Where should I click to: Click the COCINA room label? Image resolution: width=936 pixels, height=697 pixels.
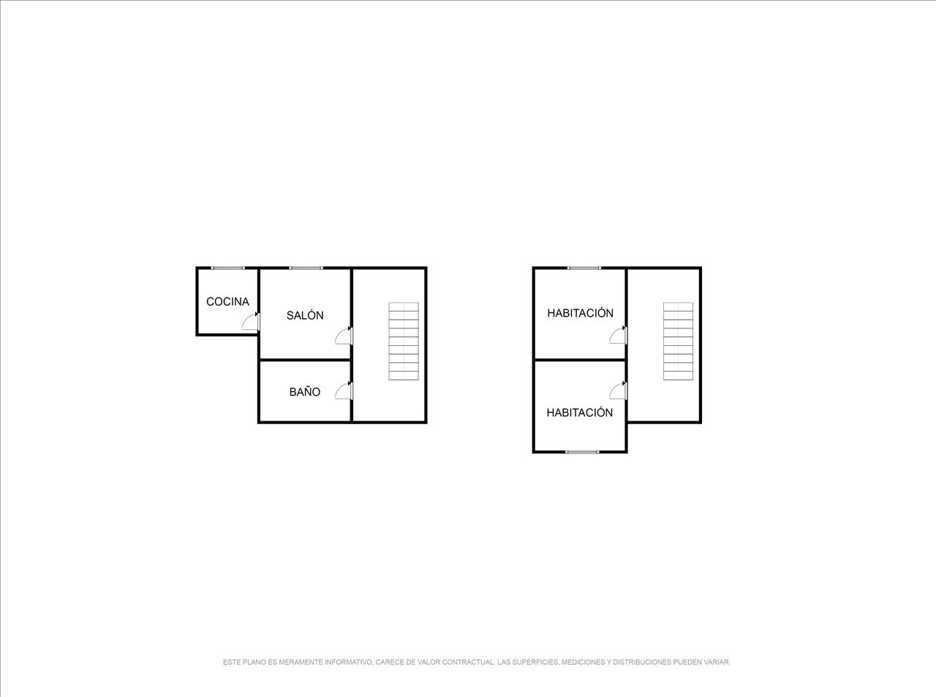pos(227,301)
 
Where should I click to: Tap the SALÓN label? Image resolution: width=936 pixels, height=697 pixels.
pos(305,315)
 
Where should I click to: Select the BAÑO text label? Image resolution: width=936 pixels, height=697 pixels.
pos(305,392)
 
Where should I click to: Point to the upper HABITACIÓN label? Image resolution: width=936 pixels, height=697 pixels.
pos(580,313)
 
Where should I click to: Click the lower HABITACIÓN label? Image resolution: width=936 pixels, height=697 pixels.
pos(580,412)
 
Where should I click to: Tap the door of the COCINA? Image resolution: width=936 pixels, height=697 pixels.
pos(251,321)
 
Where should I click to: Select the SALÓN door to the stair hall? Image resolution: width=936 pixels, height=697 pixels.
pos(344,336)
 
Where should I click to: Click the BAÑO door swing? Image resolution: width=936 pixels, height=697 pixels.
pos(344,391)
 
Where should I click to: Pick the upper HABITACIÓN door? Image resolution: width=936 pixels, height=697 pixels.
pos(619,335)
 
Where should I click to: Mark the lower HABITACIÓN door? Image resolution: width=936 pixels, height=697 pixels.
pos(619,391)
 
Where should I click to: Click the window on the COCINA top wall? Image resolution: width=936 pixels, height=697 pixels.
pos(228,268)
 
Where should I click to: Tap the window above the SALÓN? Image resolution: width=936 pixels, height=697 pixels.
pos(306,268)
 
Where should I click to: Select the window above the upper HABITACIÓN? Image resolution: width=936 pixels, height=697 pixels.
pos(584,268)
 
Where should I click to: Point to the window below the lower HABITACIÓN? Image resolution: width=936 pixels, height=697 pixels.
pos(583,452)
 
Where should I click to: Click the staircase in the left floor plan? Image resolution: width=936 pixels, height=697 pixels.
pos(404,341)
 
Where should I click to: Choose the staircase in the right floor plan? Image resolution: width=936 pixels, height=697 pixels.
pos(678,341)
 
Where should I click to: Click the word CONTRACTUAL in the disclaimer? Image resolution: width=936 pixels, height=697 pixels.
pos(466,662)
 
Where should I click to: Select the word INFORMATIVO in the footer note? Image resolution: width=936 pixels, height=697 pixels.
pos(347,662)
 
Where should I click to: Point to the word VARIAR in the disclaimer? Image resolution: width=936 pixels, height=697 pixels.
pos(717,662)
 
